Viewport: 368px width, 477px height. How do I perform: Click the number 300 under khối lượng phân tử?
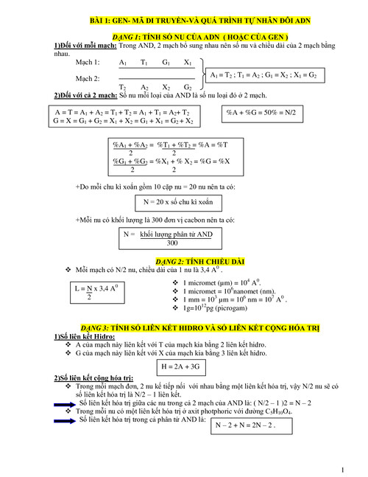[x=172, y=243]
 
